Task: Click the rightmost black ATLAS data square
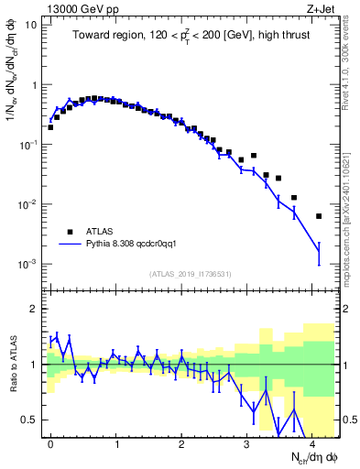tap(318, 216)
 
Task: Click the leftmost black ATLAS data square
tap(50, 127)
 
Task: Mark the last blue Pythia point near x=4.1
tap(318, 248)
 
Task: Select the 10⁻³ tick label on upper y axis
tap(28, 264)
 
